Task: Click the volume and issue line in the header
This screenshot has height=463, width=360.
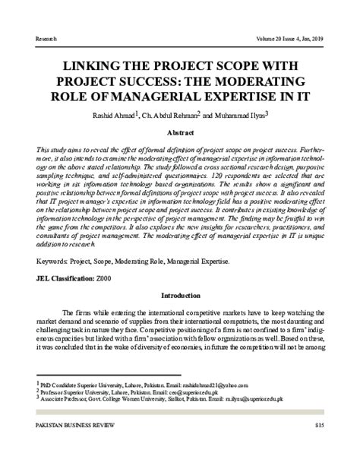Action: (289, 36)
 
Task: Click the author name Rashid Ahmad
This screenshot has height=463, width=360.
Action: (115, 115)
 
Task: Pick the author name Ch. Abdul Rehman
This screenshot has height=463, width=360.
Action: (172, 115)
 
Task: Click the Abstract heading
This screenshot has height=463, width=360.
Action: (180, 132)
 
